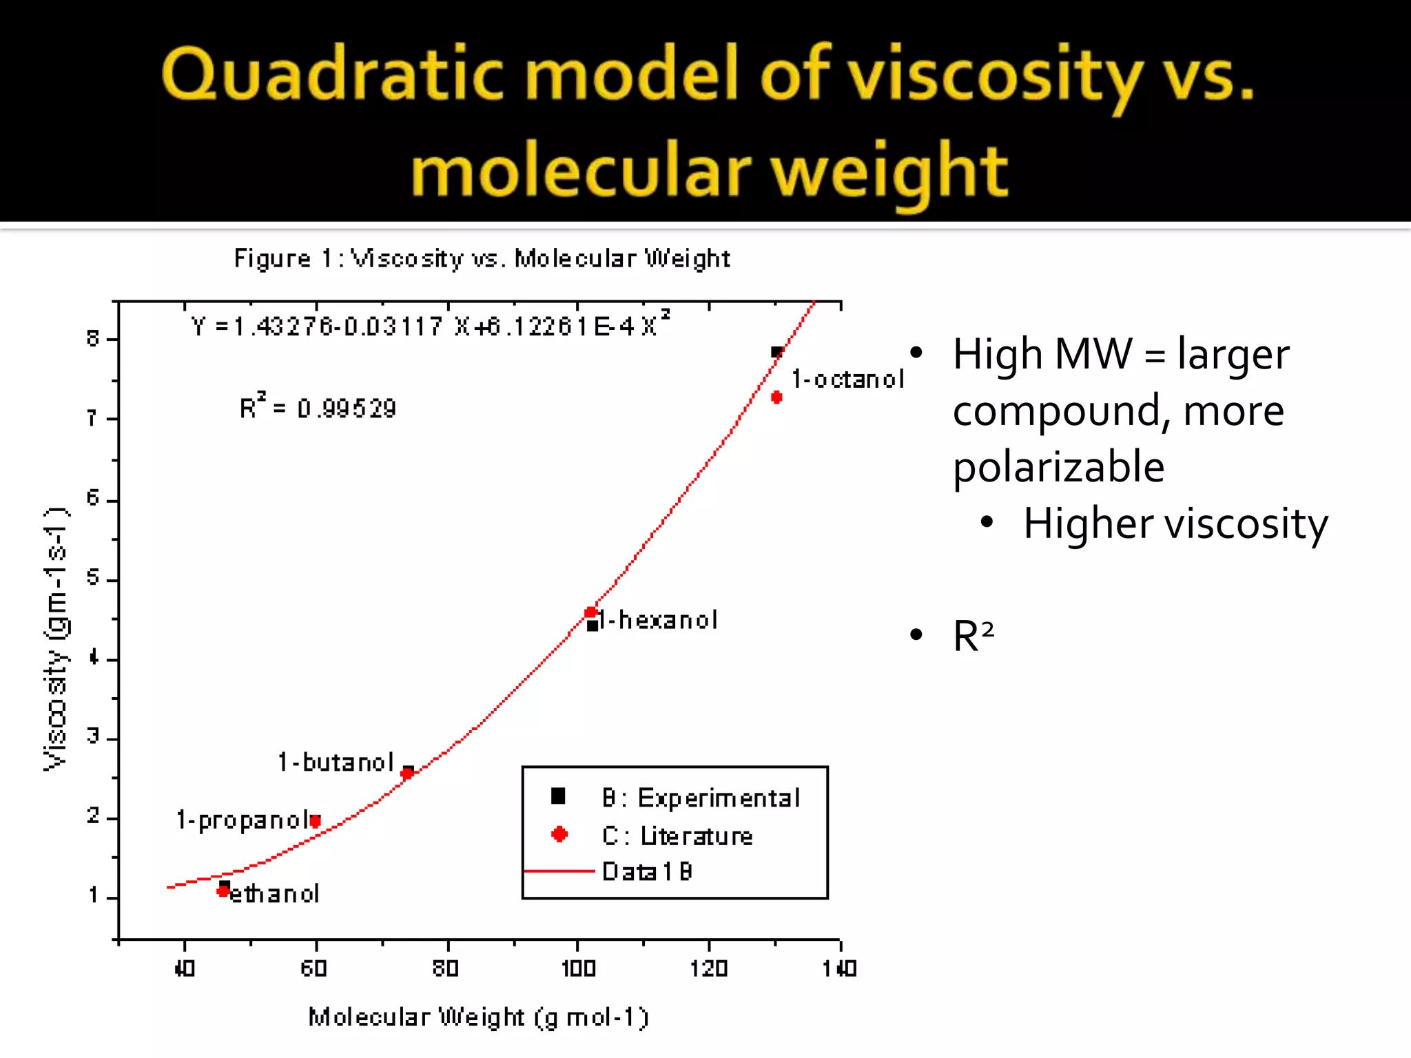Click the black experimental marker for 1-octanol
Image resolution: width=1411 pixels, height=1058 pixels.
coord(776,353)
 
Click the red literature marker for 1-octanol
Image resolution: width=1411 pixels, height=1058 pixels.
coord(776,397)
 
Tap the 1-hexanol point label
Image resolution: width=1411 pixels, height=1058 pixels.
coord(658,621)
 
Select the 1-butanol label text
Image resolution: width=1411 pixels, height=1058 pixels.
coord(336,763)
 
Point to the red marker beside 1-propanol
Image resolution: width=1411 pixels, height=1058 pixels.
coord(316,821)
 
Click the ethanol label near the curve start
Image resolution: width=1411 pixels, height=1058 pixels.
coord(274,894)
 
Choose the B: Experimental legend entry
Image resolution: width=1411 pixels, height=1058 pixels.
coord(700,798)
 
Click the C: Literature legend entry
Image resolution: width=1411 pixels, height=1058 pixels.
coord(677,836)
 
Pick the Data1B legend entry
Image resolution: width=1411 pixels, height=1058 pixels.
coord(646,872)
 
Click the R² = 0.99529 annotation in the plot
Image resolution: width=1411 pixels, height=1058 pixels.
coord(318,408)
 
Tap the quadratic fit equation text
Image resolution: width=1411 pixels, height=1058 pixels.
coord(430,325)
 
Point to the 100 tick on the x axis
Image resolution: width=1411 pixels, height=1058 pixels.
coord(578,968)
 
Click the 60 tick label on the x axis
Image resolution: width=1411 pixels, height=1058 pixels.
coord(314,968)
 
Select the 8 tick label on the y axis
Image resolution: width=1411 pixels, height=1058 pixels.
coord(93,338)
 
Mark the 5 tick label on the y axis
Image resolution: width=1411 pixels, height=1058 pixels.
coord(93,577)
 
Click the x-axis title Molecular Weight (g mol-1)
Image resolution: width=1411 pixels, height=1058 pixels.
coord(478,1017)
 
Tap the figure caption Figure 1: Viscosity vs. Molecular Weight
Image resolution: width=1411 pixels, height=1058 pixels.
coord(482,258)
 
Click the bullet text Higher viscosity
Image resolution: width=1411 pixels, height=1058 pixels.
coord(1175,524)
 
